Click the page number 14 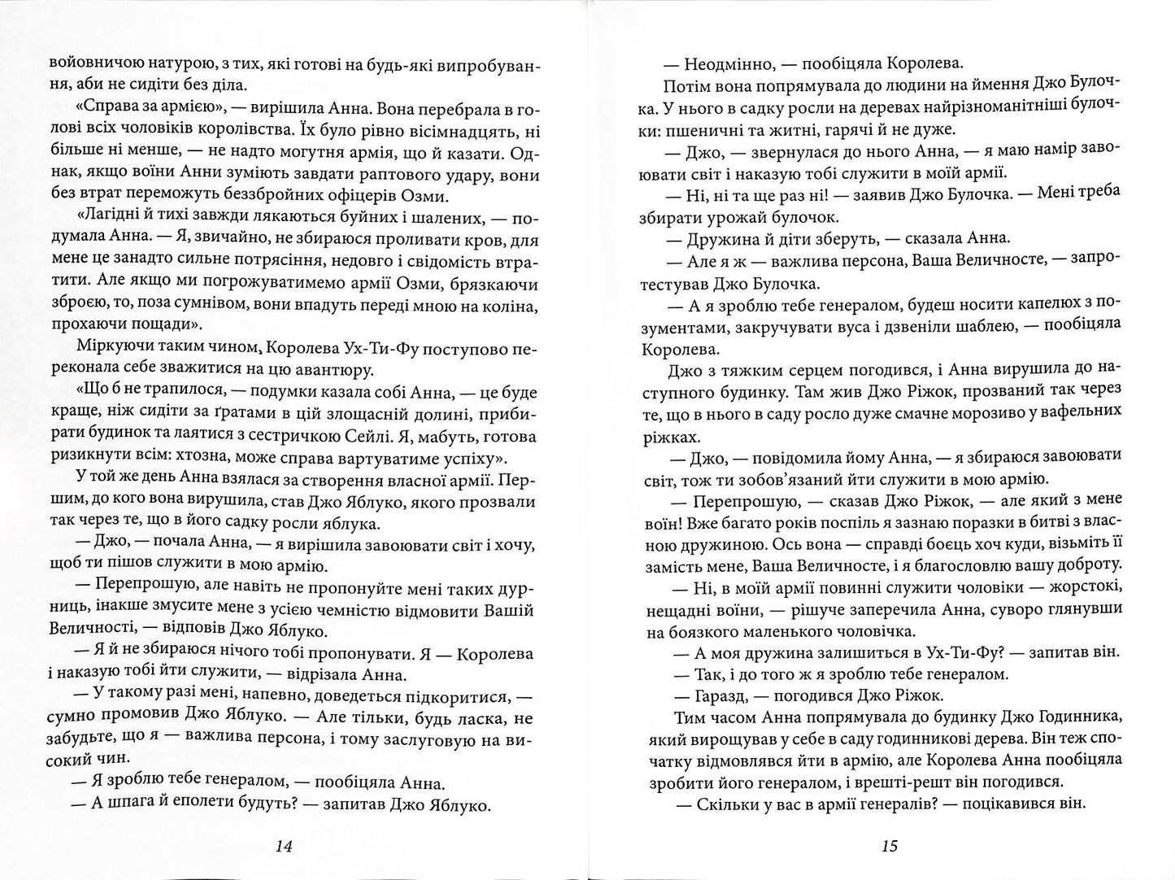point(283,845)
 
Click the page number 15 point(889,845)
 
